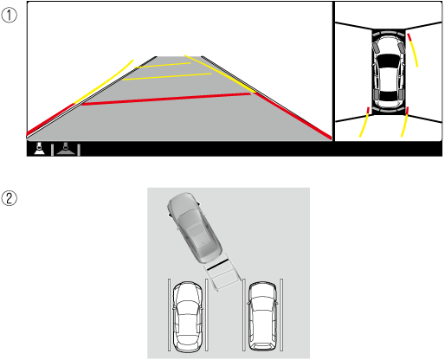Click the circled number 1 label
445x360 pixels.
coord(9,15)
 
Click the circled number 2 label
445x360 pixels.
coord(9,198)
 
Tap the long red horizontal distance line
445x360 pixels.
coord(166,99)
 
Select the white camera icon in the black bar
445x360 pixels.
coord(39,149)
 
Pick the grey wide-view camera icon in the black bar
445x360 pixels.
coord(66,149)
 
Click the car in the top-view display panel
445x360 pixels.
coord(389,72)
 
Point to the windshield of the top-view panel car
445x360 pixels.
coord(389,61)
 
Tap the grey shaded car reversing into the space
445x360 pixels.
coord(195,228)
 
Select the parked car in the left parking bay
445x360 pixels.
coord(187,317)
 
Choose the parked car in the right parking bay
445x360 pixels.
coord(262,316)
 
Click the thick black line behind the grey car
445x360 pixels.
coord(217,265)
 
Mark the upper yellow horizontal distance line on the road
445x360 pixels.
coord(163,65)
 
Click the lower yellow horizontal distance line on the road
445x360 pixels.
coord(167,76)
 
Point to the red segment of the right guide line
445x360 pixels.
coord(293,116)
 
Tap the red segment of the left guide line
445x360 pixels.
coord(50,119)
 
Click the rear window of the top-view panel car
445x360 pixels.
coord(389,96)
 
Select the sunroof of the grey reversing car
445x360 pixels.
coord(197,230)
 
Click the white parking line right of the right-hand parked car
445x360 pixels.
coord(281,315)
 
